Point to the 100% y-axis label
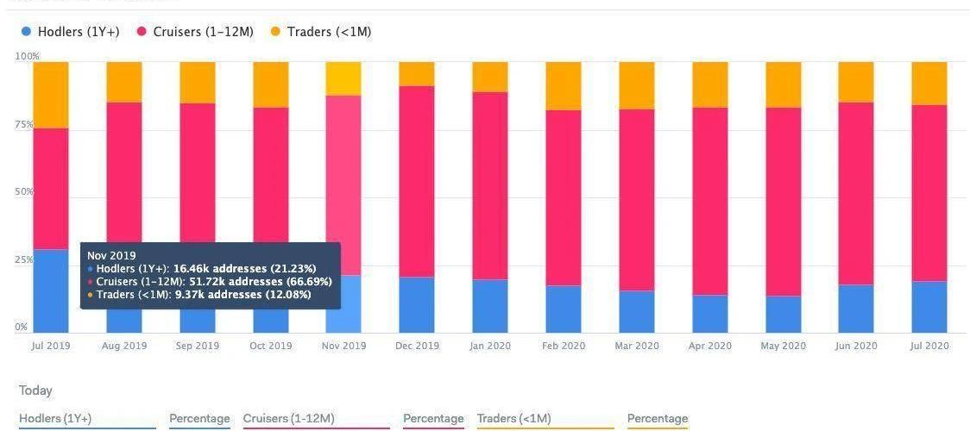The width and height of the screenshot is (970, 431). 27,57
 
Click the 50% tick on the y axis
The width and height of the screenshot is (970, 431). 24,191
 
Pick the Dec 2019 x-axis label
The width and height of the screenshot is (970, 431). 417,346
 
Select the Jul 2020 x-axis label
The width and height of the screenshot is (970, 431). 929,346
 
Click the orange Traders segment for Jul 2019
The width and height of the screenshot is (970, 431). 51,95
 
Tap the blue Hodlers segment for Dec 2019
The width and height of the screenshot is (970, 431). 417,304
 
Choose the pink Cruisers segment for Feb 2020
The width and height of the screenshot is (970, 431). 564,198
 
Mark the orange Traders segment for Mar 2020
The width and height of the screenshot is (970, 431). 637,85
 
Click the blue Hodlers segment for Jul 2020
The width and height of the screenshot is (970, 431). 929,307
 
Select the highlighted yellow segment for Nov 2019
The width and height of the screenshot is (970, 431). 343,78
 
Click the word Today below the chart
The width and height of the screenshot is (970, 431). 36,390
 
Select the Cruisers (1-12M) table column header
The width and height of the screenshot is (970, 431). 288,419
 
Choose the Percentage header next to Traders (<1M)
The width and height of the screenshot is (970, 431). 657,419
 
